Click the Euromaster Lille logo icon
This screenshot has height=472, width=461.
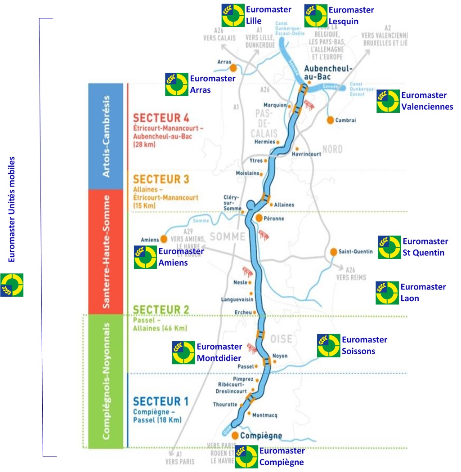pos(233,16)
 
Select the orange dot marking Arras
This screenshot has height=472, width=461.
pos(233,68)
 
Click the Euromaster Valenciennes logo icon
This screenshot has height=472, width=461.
pos(388,101)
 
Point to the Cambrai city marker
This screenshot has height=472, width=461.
pos(330,120)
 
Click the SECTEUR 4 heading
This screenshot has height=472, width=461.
pos(161,118)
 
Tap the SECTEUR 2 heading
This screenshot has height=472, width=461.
pos(161,309)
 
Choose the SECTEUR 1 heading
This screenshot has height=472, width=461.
pos(161,401)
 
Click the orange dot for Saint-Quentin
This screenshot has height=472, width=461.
pos(334,252)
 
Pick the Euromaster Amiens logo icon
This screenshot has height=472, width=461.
pos(145,257)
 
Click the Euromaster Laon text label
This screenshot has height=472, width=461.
pos(423,292)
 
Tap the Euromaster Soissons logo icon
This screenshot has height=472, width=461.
pos(328,346)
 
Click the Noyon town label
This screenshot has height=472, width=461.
pos(280,356)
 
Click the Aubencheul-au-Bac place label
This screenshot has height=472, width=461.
pos(328,72)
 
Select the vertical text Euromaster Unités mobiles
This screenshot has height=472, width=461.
pos(12,209)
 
